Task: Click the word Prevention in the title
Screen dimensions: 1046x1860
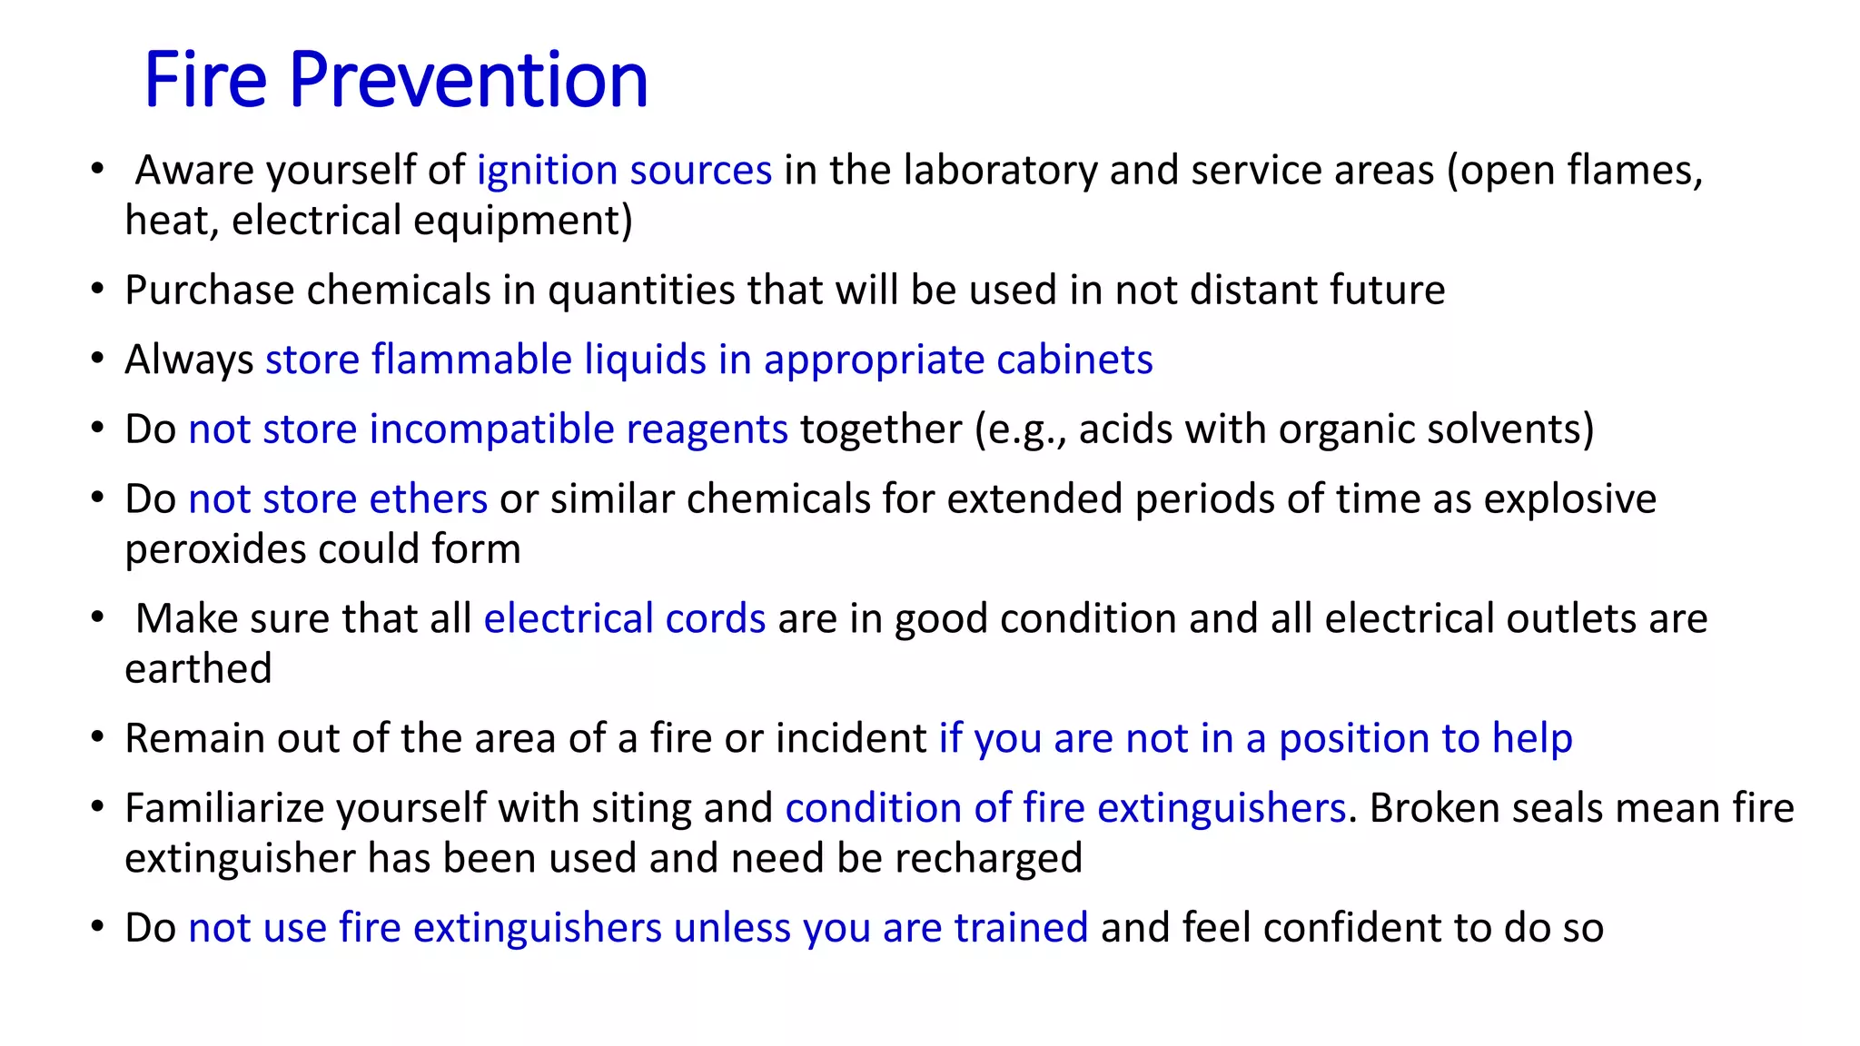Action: (469, 80)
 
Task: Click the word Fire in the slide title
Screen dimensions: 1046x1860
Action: (205, 80)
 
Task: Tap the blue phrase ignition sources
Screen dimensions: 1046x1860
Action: (624, 171)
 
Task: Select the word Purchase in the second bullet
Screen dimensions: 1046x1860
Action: (209, 291)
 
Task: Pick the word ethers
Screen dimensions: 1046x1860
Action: (428, 499)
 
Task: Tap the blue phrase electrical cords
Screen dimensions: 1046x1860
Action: (624, 619)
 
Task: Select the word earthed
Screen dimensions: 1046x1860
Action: (198, 669)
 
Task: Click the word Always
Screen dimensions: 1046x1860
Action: (189, 360)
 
